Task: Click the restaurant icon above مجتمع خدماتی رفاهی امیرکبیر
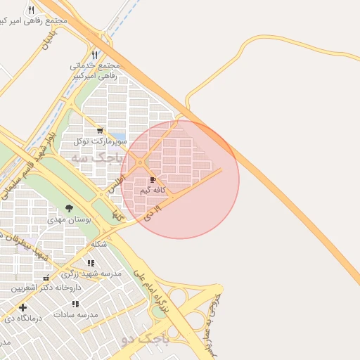coord(94,54)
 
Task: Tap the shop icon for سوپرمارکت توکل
coord(100,130)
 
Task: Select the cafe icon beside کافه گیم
coord(153,180)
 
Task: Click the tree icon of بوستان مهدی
coord(69,208)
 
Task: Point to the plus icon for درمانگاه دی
coord(23,307)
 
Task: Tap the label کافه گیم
coord(153,191)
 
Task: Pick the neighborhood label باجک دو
coord(145,340)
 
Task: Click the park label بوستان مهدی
coord(70,219)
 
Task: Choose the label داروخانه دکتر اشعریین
coord(46,288)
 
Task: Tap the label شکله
coord(99,244)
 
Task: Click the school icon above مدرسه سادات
coord(75,304)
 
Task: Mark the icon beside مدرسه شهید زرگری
coord(91,263)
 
